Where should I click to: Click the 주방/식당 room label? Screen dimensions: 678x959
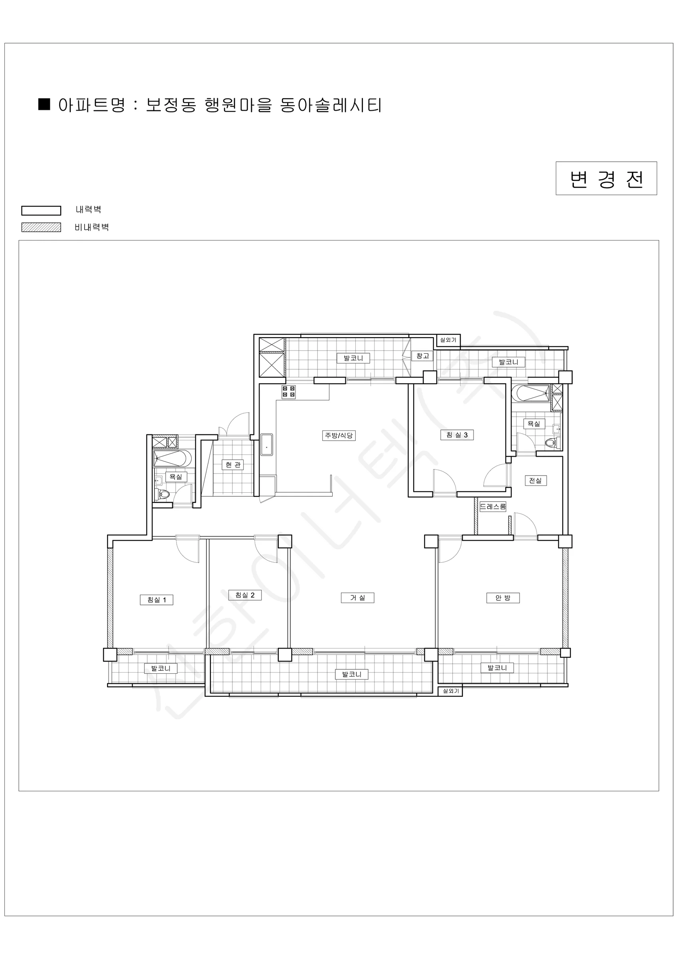(x=339, y=435)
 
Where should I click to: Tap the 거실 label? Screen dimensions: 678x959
(x=357, y=598)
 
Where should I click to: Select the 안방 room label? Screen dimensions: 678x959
(x=503, y=598)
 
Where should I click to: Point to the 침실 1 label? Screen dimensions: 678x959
(x=157, y=600)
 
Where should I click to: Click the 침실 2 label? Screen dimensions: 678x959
(x=245, y=595)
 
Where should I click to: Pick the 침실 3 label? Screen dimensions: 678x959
(x=457, y=435)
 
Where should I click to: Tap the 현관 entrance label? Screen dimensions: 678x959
(x=233, y=464)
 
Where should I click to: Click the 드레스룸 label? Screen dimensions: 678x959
(x=493, y=507)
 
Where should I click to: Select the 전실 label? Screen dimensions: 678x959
(x=535, y=480)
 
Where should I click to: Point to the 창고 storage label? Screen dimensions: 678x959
(x=422, y=356)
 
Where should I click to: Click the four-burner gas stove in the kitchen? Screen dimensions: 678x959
(x=288, y=392)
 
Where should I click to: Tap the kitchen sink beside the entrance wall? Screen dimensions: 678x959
(x=267, y=445)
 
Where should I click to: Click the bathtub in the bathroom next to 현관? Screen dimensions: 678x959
(x=172, y=458)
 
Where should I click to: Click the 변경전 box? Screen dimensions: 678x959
(x=606, y=178)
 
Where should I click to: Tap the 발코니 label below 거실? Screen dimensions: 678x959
(x=351, y=674)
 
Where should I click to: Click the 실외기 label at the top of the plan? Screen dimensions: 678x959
(x=448, y=340)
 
